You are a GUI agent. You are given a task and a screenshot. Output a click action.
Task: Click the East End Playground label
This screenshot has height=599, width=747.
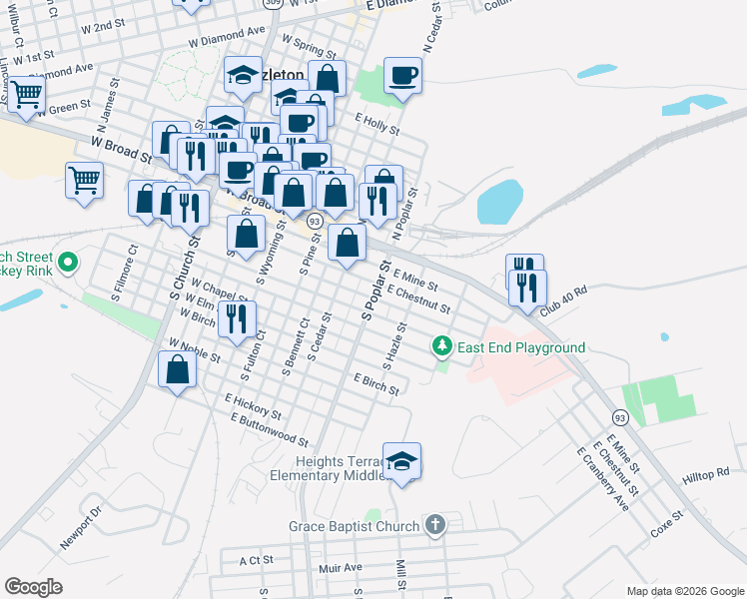point(520,347)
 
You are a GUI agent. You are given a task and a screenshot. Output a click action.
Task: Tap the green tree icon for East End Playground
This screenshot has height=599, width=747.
point(442,347)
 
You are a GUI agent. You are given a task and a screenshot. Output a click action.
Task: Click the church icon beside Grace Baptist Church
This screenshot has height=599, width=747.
point(434,524)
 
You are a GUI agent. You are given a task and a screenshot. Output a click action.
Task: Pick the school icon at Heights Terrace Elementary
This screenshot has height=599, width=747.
point(402,461)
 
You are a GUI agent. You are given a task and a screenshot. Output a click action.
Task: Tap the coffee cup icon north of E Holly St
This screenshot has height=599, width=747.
point(402,75)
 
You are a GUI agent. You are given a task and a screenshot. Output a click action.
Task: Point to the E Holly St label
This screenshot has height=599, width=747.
point(376,124)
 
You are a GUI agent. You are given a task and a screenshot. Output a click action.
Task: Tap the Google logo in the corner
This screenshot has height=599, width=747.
point(34,587)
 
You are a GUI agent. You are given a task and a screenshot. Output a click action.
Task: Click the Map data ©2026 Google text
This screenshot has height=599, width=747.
point(684,591)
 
